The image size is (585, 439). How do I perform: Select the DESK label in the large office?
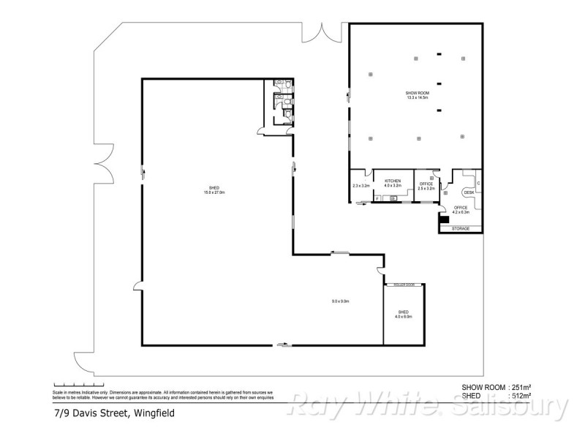[469, 193]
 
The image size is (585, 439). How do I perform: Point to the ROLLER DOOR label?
[404, 284]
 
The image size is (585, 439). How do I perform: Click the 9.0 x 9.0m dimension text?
[341, 301]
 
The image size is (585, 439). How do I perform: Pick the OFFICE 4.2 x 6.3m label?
[461, 210]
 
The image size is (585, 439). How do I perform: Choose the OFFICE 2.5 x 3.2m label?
[426, 186]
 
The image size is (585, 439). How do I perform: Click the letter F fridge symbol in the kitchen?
[377, 198]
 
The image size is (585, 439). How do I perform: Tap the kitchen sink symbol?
[393, 198]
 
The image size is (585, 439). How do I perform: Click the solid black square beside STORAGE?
[443, 218]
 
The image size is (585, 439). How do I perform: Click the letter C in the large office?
[478, 183]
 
